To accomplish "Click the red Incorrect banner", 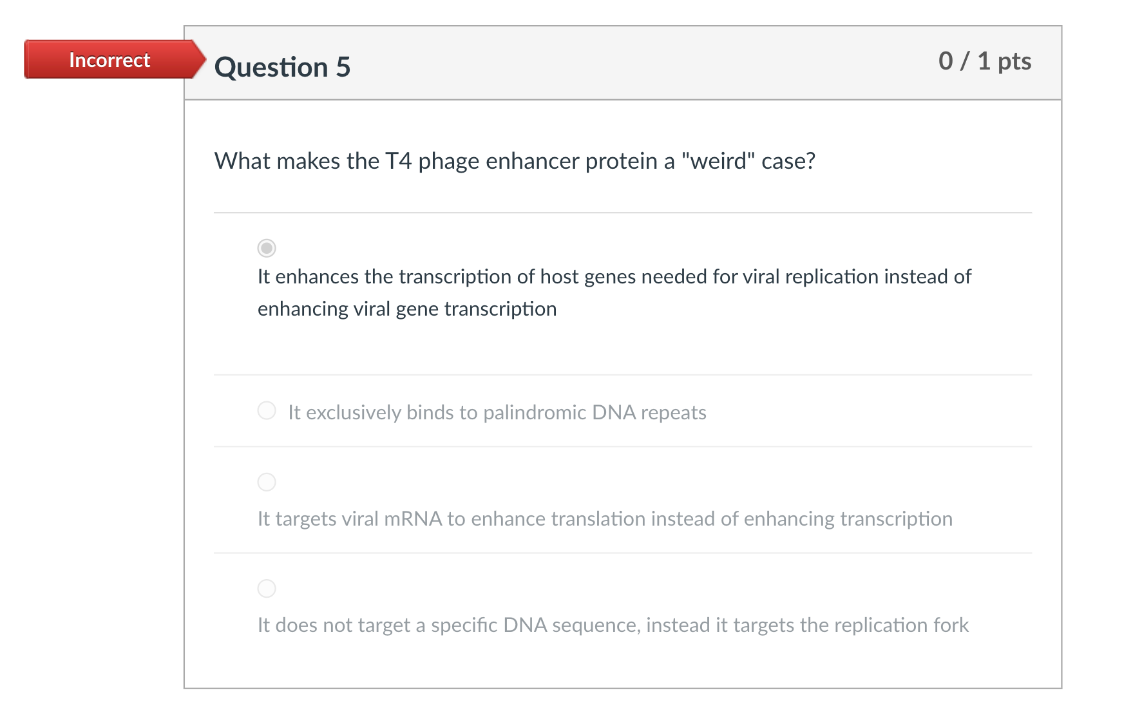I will click(109, 60).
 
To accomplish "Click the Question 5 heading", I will click(282, 67).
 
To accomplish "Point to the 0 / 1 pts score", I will click(984, 61).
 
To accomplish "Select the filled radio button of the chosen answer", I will click(267, 248).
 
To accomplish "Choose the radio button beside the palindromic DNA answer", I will click(267, 410).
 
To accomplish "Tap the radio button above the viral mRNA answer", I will click(267, 482).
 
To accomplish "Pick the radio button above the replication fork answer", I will click(267, 588).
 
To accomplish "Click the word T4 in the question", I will click(398, 161).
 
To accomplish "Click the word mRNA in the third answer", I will click(413, 519).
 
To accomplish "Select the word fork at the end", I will click(951, 625).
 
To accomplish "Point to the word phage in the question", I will click(449, 161).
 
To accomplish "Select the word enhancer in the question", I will click(533, 161).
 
